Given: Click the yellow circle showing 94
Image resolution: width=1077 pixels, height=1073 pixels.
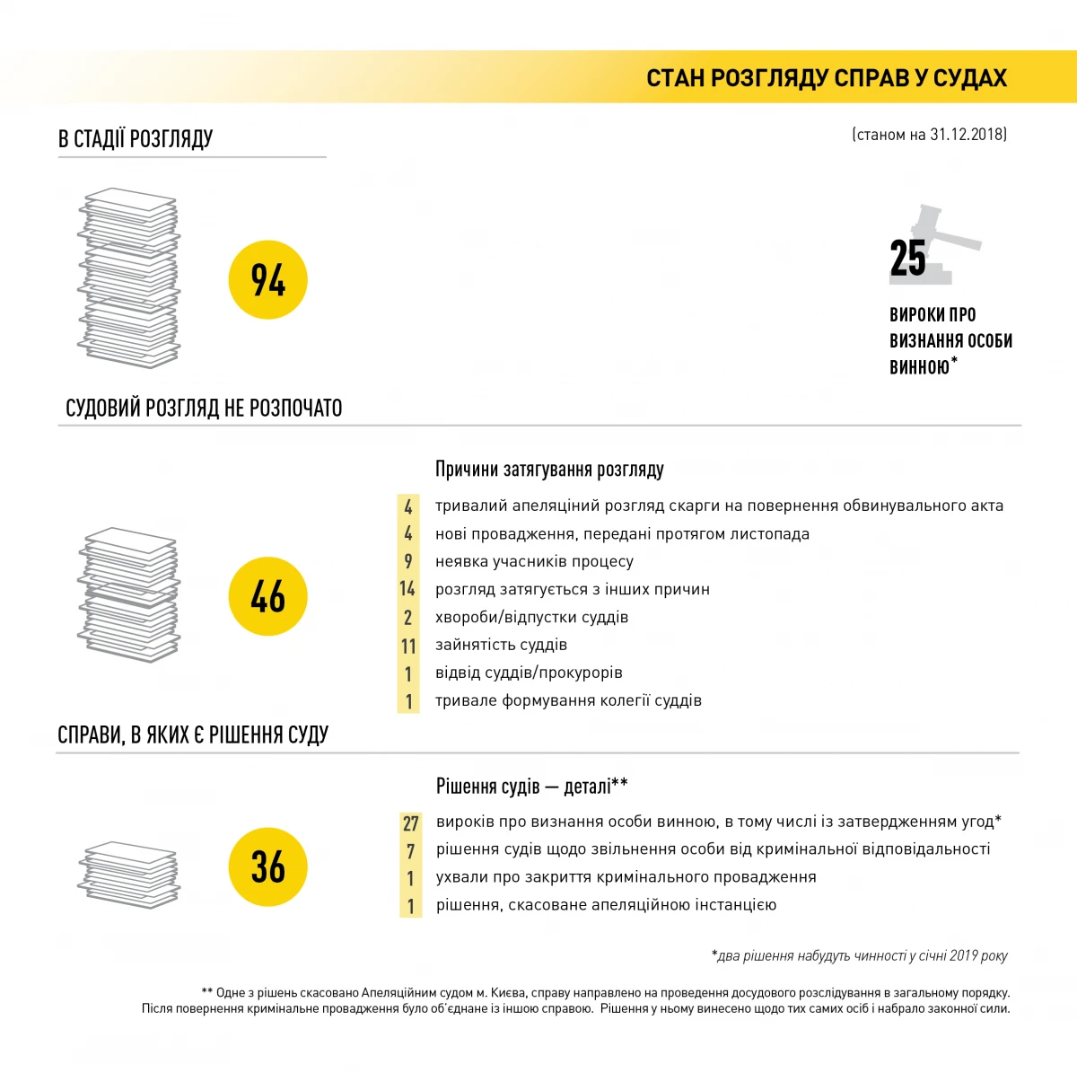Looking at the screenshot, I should [x=267, y=280].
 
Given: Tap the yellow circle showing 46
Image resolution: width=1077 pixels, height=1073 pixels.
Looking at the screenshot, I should [x=267, y=596].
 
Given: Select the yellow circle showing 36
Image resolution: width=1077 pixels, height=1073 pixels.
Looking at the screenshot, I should [x=267, y=866].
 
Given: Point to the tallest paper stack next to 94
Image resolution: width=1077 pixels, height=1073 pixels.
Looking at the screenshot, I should [x=129, y=277].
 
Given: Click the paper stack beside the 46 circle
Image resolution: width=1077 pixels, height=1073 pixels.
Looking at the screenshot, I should [x=129, y=594].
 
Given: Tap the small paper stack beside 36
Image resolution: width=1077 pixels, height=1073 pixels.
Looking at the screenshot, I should [x=129, y=874].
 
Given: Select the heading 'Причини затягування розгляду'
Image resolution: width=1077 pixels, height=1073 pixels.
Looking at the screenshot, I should [x=549, y=469].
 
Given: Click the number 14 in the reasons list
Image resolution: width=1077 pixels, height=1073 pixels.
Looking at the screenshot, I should [x=407, y=589].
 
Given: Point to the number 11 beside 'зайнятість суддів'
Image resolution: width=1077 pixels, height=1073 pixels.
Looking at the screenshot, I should [x=408, y=646].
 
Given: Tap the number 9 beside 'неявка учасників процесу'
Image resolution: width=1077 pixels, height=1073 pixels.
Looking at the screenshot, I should [x=408, y=561].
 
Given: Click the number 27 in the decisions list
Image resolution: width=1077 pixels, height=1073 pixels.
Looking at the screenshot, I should [x=410, y=823].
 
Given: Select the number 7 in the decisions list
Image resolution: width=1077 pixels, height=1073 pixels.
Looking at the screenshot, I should [x=410, y=850].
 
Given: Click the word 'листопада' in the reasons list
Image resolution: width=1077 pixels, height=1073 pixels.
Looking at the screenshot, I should [x=774, y=534].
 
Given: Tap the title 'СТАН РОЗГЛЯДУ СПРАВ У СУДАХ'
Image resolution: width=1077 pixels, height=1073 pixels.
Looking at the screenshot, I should [x=827, y=78].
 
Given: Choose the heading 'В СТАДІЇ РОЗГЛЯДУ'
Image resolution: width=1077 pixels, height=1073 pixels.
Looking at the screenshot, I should [x=136, y=138].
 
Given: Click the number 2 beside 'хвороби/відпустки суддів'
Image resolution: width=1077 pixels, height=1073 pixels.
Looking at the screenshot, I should [x=408, y=618].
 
